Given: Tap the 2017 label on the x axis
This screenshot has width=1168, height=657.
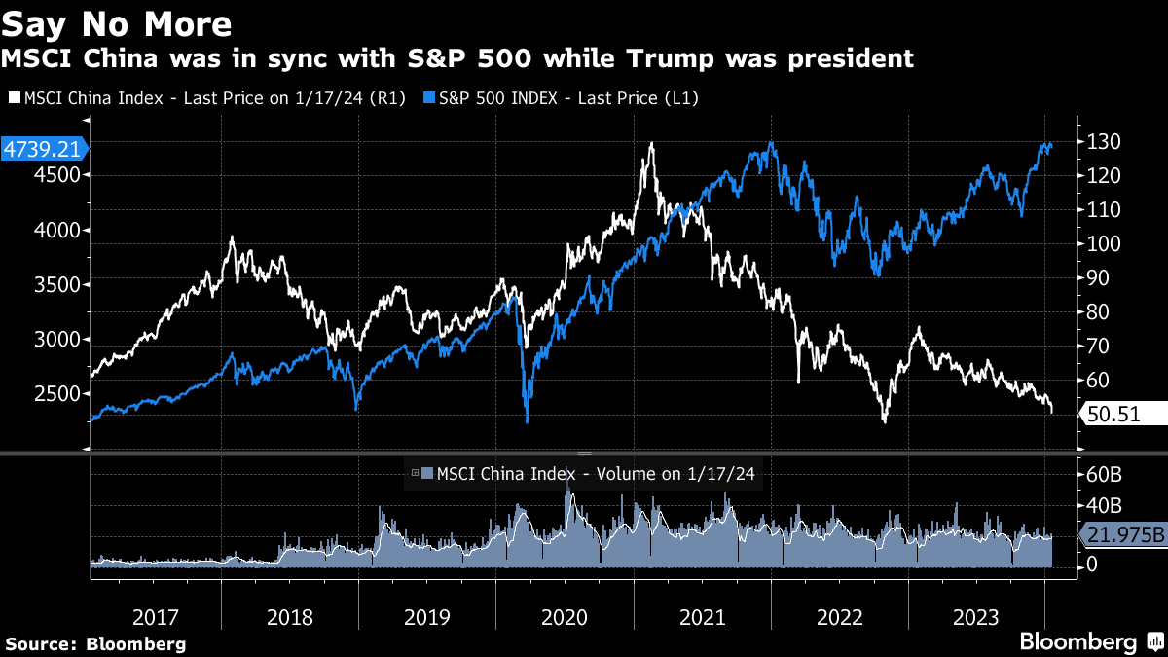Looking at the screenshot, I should (x=155, y=617).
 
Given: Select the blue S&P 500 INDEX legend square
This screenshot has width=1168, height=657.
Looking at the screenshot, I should (x=429, y=98).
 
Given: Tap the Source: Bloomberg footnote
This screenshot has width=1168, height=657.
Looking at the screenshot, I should (x=95, y=644).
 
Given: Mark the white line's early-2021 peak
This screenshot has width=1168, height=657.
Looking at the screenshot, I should (x=650, y=143).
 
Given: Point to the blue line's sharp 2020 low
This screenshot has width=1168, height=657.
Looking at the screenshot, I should (x=527, y=421).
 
